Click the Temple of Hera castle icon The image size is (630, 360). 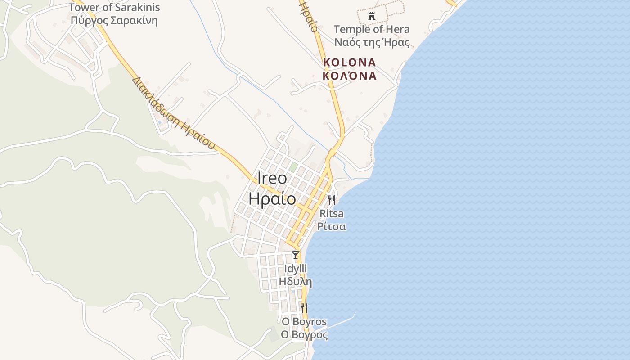[x=372, y=16]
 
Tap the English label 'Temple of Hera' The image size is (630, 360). [x=372, y=30]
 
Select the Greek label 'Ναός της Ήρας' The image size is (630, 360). [x=372, y=43]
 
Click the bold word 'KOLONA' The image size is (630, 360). [x=350, y=62]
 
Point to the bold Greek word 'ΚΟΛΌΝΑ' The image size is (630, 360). [x=350, y=75]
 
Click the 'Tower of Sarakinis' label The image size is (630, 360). [x=114, y=8]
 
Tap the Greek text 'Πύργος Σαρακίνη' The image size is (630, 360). [x=114, y=21]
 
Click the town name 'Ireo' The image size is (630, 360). [x=272, y=178]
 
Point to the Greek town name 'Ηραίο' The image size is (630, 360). [x=272, y=199]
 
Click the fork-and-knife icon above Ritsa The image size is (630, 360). [x=332, y=200]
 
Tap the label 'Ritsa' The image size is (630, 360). [x=332, y=213]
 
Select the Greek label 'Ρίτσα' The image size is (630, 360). [x=332, y=226]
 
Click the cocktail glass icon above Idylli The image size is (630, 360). [x=296, y=255]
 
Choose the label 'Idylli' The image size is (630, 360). [x=296, y=269]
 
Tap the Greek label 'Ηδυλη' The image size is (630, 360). [x=296, y=282]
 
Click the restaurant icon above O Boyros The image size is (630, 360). [x=305, y=308]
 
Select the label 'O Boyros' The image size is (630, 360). [x=304, y=322]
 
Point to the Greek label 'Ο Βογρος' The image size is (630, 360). [x=304, y=335]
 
